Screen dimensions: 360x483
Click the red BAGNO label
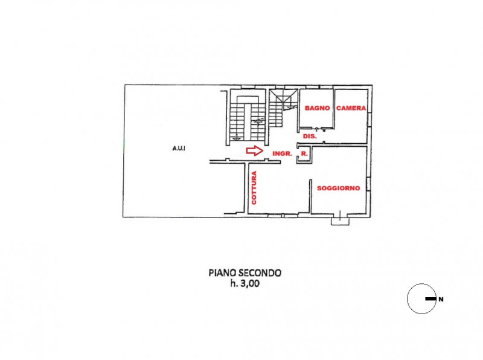(x=317, y=108)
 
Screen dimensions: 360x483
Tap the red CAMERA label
(x=351, y=108)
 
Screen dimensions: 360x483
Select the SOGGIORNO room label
(x=338, y=188)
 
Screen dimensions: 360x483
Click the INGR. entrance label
(x=283, y=154)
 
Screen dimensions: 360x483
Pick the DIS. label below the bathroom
(x=310, y=137)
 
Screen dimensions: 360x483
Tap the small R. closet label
(x=304, y=154)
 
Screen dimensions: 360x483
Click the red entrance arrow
(x=255, y=151)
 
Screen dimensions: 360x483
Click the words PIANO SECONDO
(x=245, y=273)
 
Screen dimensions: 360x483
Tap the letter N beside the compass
(x=441, y=299)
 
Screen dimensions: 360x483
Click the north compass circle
(x=421, y=299)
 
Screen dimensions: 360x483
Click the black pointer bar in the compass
(x=429, y=299)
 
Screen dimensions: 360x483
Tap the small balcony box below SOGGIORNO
(x=341, y=221)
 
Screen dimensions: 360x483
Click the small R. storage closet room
(x=304, y=155)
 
